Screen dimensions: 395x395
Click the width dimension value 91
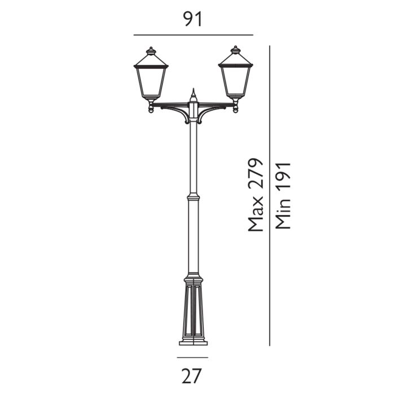(193, 19)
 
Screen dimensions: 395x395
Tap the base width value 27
(192, 375)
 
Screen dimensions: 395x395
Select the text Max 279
(256, 195)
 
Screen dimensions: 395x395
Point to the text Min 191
(283, 195)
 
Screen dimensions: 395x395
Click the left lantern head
(151, 79)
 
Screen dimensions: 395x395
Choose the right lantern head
(235, 79)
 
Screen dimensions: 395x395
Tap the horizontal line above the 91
(193, 35)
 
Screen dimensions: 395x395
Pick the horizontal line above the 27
(192, 357)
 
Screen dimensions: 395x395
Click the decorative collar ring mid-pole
(194, 197)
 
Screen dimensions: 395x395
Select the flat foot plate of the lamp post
(194, 342)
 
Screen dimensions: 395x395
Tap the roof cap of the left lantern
(151, 56)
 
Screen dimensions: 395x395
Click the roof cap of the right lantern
(235, 56)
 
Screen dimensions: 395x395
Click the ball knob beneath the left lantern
(151, 109)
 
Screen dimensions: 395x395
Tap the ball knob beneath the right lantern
(235, 109)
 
